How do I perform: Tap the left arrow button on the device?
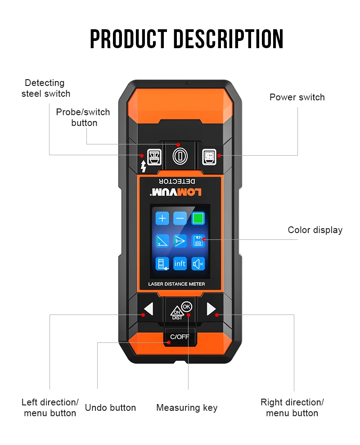click(148, 309)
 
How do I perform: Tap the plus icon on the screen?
click(162, 219)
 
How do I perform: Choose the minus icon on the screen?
click(180, 219)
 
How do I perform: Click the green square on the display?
click(198, 219)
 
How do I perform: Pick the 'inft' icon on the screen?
click(180, 264)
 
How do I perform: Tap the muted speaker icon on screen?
click(198, 264)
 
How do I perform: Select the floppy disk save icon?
click(198, 241)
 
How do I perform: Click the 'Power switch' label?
click(297, 97)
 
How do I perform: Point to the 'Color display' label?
click(315, 230)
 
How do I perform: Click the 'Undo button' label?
click(110, 408)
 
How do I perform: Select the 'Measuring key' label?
click(187, 408)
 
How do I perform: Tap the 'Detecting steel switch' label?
click(45, 88)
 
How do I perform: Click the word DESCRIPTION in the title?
click(229, 39)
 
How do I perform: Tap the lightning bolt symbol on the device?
click(143, 166)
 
